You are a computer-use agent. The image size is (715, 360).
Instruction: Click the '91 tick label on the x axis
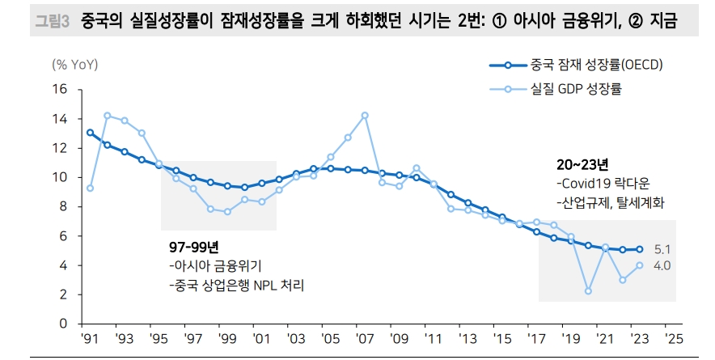click(x=90, y=338)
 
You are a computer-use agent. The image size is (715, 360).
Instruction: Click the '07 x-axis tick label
click(x=365, y=338)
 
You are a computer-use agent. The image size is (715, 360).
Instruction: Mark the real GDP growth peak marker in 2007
click(x=365, y=115)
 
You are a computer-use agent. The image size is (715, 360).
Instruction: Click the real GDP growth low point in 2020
click(x=588, y=290)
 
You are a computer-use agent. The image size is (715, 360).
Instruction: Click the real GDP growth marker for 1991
click(x=90, y=188)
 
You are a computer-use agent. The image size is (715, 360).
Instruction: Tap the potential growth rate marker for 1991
click(x=90, y=132)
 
